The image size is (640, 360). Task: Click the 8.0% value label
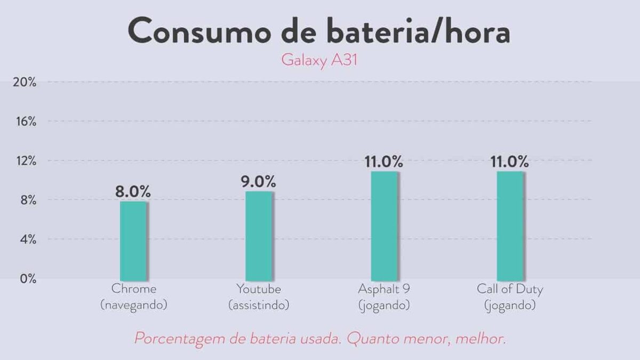click(133, 191)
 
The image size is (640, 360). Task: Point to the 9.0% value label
click(259, 181)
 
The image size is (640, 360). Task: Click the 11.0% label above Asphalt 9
click(384, 162)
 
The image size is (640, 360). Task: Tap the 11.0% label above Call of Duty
click(510, 162)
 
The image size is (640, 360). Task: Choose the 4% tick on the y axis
click(27, 239)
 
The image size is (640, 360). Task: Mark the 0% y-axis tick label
click(27, 279)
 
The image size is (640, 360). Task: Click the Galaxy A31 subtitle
click(319, 60)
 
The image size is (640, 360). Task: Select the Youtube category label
click(259, 290)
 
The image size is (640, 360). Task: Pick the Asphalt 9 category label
click(384, 290)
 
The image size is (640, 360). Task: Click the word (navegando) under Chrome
click(134, 306)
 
